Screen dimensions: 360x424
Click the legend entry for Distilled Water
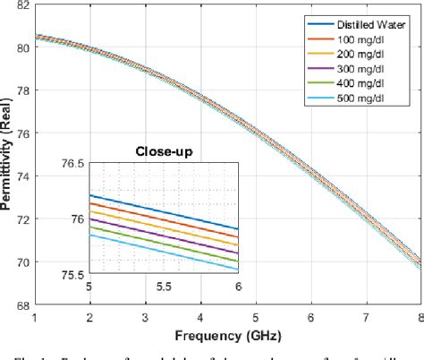369,24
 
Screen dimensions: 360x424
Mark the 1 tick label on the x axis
34,318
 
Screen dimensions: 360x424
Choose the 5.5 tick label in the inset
164,286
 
